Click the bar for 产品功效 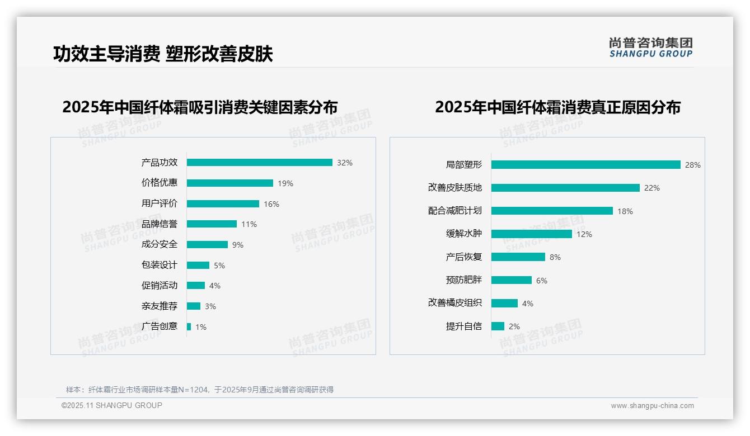coord(259,163)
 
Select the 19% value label coord(285,183)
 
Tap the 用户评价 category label coord(160,203)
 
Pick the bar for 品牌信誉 coord(212,224)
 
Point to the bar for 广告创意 coord(189,326)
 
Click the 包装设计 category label coord(160,265)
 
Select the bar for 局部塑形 coord(585,165)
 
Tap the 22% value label coord(651,188)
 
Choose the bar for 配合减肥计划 coord(552,211)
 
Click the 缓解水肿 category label coord(464,234)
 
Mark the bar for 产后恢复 coord(518,257)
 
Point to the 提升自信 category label coord(464,326)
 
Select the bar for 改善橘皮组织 coord(504,303)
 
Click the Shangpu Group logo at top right coord(651,48)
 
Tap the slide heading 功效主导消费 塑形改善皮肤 coord(163,54)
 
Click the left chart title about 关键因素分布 coord(200,107)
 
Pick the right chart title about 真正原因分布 coord(557,107)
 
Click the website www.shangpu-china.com coord(652,406)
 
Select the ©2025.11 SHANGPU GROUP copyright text coord(112,405)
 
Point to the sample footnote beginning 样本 coord(200,390)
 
